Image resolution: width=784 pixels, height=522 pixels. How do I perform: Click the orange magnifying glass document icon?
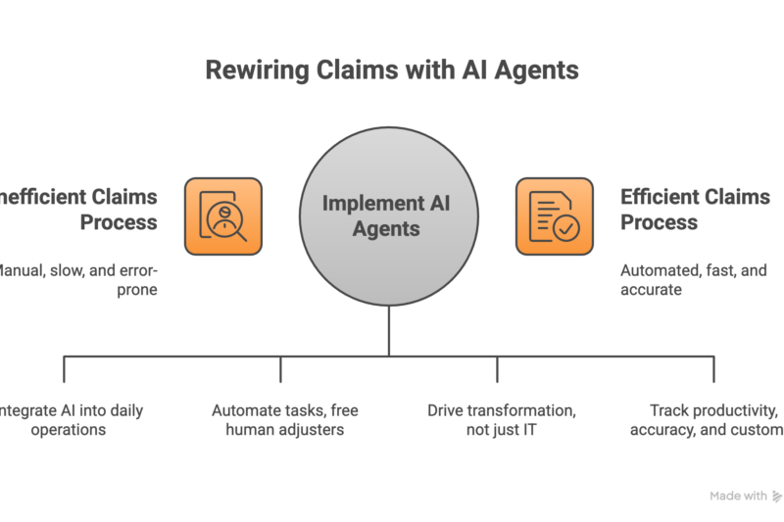tap(222, 215)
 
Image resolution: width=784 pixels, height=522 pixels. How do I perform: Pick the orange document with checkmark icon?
tap(555, 215)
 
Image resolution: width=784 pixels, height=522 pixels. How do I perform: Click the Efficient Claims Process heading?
tap(694, 209)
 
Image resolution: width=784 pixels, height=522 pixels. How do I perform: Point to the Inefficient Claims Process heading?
tap(83, 209)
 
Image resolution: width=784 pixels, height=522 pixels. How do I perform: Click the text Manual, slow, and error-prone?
tap(83, 280)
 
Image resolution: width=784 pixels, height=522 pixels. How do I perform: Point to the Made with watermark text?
tap(738, 496)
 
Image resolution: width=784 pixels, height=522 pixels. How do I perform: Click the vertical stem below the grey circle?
tap(389, 331)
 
